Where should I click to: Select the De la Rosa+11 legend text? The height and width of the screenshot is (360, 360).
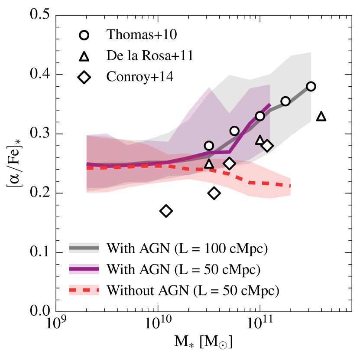(146, 56)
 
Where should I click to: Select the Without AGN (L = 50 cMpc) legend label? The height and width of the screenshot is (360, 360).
(193, 290)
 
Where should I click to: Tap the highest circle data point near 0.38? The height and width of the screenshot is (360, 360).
(311, 86)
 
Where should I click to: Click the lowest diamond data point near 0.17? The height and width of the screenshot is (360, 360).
(166, 211)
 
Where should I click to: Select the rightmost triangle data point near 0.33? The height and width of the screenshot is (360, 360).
(321, 116)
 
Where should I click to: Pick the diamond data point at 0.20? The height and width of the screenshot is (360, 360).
(214, 193)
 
